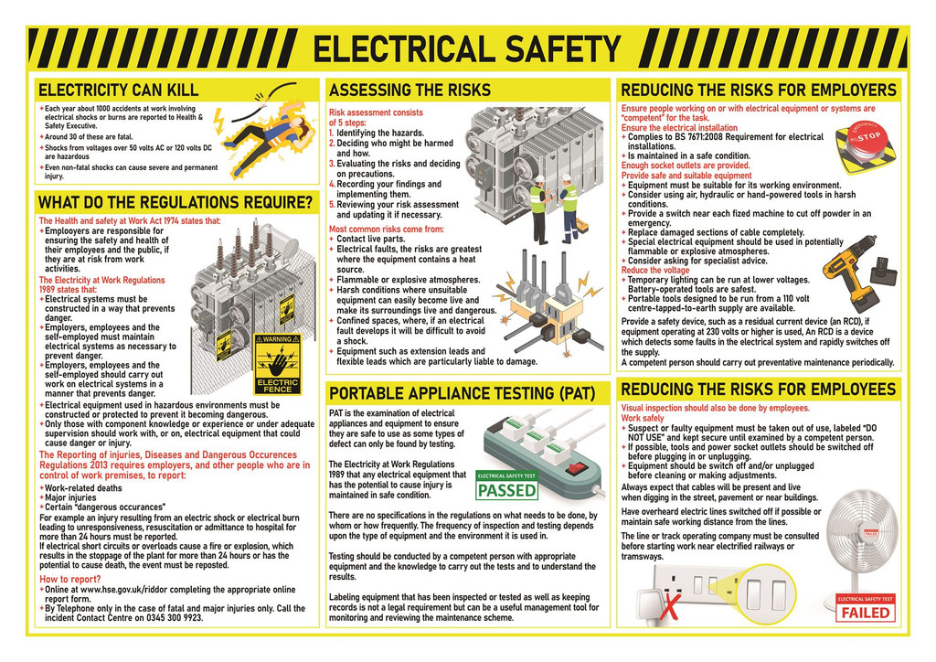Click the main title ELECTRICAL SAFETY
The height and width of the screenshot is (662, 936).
(x=467, y=48)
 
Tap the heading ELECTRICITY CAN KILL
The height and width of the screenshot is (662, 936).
(x=118, y=91)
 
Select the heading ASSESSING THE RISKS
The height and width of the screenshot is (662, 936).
(x=409, y=91)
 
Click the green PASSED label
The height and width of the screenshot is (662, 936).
(x=507, y=490)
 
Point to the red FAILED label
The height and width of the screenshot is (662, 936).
(x=865, y=612)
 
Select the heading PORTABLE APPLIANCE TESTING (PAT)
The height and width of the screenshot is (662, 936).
(x=462, y=394)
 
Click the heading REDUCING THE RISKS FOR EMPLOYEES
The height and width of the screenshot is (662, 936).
(x=758, y=390)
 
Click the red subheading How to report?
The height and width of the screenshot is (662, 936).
(x=70, y=580)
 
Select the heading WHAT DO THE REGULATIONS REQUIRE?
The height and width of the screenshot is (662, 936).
(x=175, y=202)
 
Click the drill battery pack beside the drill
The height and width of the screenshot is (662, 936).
(x=884, y=270)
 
